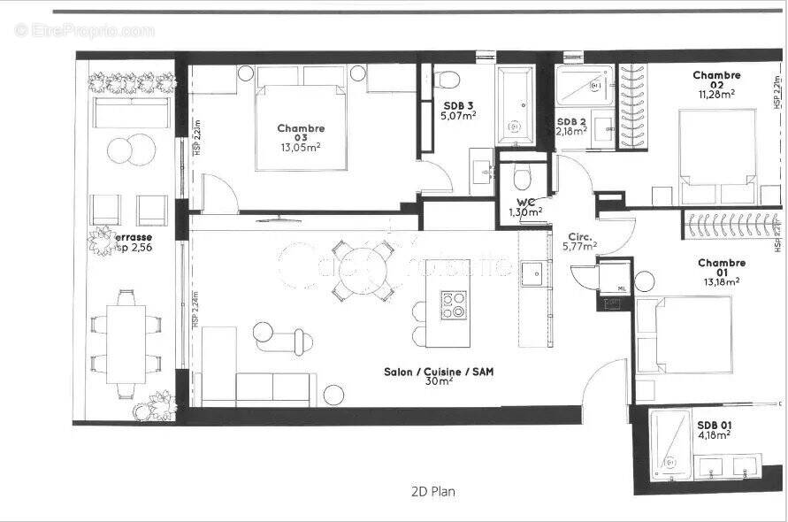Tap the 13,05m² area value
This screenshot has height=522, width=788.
tap(300, 148)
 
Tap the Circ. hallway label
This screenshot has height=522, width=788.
tap(579, 235)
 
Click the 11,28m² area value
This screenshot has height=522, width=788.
tap(716, 93)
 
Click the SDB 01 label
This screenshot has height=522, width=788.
tap(713, 424)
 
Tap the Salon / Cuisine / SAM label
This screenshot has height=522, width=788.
tap(439, 372)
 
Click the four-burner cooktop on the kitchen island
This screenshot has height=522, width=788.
tap(454, 303)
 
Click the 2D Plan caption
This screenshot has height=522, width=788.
tap(433, 491)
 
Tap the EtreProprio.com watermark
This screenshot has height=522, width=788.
tap(85, 30)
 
